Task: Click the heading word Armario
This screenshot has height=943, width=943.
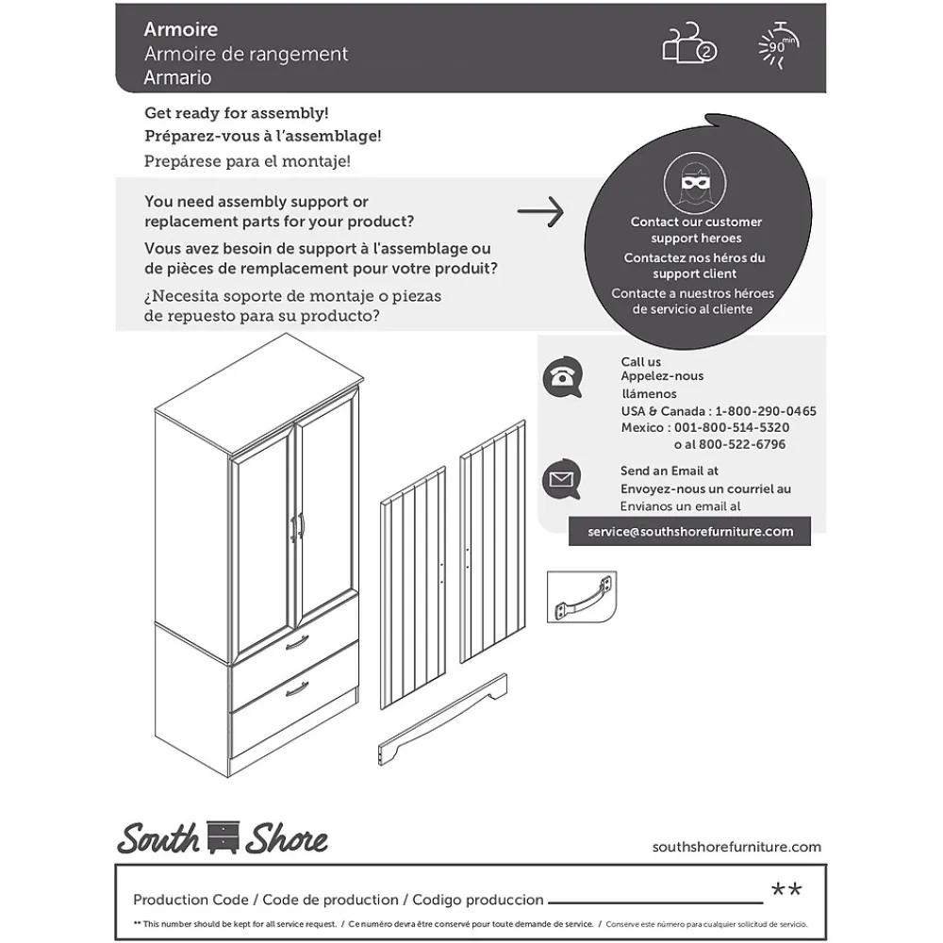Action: (177, 78)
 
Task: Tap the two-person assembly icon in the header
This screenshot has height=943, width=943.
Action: (689, 44)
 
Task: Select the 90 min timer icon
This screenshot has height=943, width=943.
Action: (778, 43)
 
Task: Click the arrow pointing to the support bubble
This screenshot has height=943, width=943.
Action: (541, 212)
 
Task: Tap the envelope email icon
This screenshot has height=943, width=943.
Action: (562, 480)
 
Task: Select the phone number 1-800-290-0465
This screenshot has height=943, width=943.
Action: (766, 411)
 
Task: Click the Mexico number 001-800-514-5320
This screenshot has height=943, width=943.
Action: (732, 427)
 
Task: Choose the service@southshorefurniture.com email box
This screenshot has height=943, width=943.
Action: (690, 531)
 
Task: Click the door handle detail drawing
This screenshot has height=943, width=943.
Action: (581, 598)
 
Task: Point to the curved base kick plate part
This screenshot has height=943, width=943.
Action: (443, 720)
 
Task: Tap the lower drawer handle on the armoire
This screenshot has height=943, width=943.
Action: (298, 689)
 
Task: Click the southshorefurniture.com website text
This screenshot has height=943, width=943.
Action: (736, 847)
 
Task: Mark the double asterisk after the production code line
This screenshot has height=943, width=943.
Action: (786, 891)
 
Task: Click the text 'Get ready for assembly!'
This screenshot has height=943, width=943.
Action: (237, 113)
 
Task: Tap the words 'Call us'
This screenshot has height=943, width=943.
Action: (640, 361)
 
